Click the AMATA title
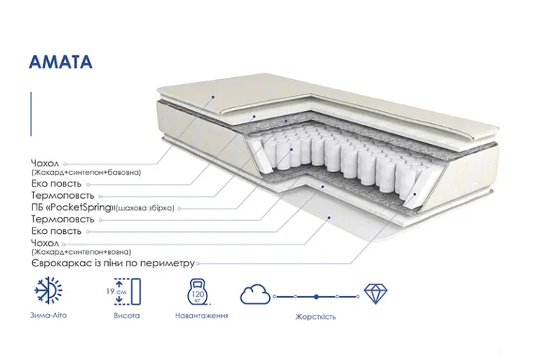click(60, 62)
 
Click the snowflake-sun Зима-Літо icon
click(48, 290)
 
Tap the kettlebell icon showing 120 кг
click(199, 292)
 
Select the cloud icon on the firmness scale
click(255, 294)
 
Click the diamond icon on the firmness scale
click(376, 294)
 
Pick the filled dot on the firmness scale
click(316, 296)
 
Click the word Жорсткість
click(315, 317)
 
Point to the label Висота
click(127, 315)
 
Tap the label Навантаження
click(202, 315)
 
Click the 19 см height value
click(117, 292)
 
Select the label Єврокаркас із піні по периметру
click(113, 264)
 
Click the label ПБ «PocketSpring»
click(73, 207)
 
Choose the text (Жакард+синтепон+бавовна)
click(86, 172)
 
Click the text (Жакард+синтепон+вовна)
click(81, 252)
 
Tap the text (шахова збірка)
click(145, 208)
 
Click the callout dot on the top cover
click(213, 97)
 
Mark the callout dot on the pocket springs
click(292, 150)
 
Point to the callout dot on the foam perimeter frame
click(415, 194)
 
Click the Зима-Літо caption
click(48, 315)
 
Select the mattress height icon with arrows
click(127, 292)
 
